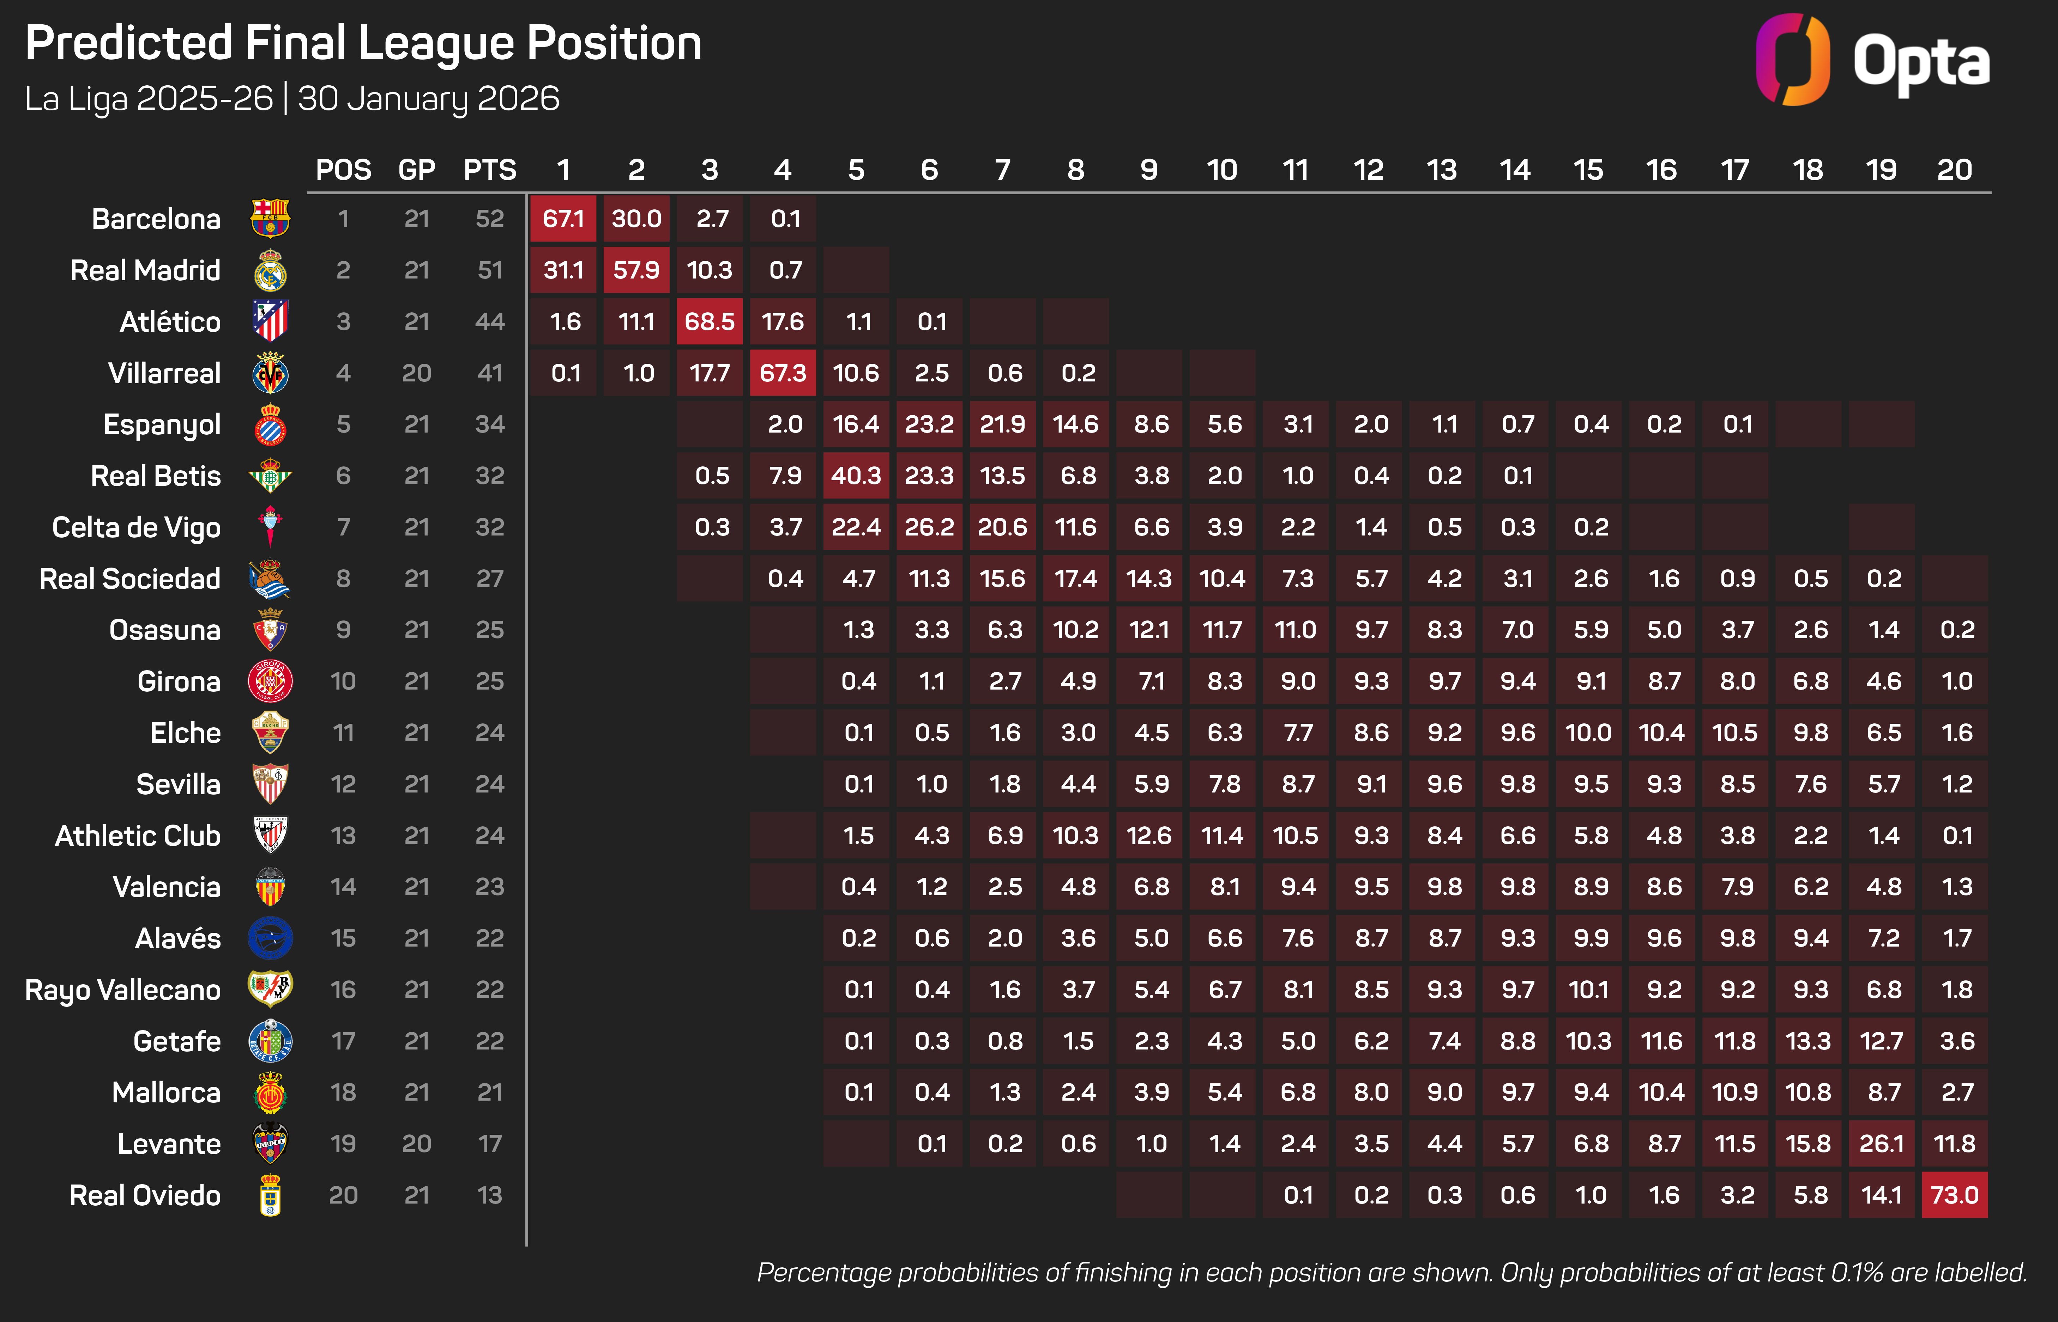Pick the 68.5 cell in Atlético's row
coord(710,322)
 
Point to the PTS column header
coord(490,170)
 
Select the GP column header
coord(417,170)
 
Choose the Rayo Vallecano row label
coord(123,990)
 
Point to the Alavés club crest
coord(270,938)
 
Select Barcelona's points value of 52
coord(490,219)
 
